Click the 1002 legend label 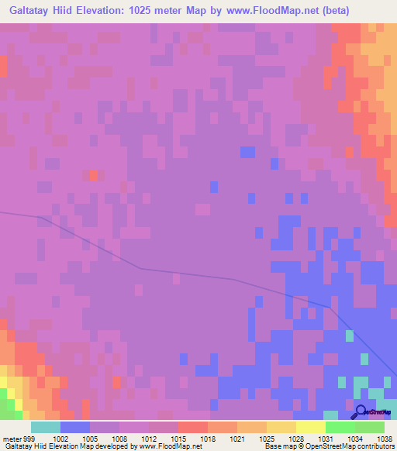pos(60,438)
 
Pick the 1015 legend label pos(178,438)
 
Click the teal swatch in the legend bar pos(45,427)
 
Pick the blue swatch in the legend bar pos(74,427)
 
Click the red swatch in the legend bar pos(192,427)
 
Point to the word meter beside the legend pos(12,438)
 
